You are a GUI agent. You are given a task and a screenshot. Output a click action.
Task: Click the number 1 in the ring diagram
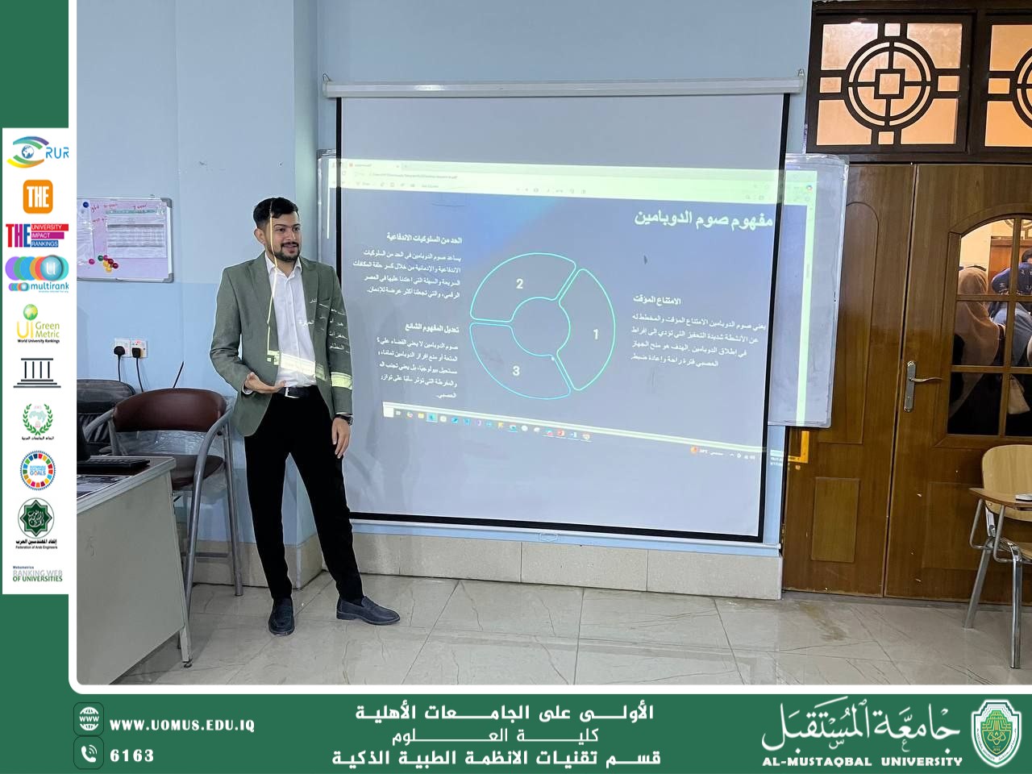point(596,334)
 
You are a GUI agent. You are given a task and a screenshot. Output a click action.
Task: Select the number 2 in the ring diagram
point(519,284)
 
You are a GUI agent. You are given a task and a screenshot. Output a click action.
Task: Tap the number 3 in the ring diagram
point(516,370)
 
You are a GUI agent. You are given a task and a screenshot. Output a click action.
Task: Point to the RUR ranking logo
point(35,152)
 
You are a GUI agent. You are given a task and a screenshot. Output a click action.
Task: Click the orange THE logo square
point(37,196)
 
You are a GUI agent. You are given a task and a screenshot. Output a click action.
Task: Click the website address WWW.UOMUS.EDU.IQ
point(182,725)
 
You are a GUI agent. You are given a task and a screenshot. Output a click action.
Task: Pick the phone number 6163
point(131,755)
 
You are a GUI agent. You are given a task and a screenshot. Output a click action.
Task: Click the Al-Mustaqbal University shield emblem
point(997,733)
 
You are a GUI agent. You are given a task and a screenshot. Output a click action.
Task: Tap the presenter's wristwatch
point(344,418)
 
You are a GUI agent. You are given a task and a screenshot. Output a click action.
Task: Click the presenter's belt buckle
point(285,392)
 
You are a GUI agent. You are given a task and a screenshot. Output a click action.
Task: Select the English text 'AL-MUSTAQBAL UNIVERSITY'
point(862,760)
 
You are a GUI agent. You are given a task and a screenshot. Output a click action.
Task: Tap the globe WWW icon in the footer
point(89,718)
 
